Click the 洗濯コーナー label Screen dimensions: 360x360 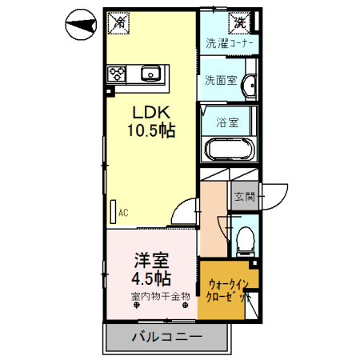click(x=230, y=43)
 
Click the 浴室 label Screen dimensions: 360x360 click(x=226, y=122)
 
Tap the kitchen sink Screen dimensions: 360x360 click(x=150, y=74)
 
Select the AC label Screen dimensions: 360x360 click(x=124, y=213)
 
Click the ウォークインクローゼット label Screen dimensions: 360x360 click(x=229, y=290)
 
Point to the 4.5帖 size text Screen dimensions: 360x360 click(x=150, y=278)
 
